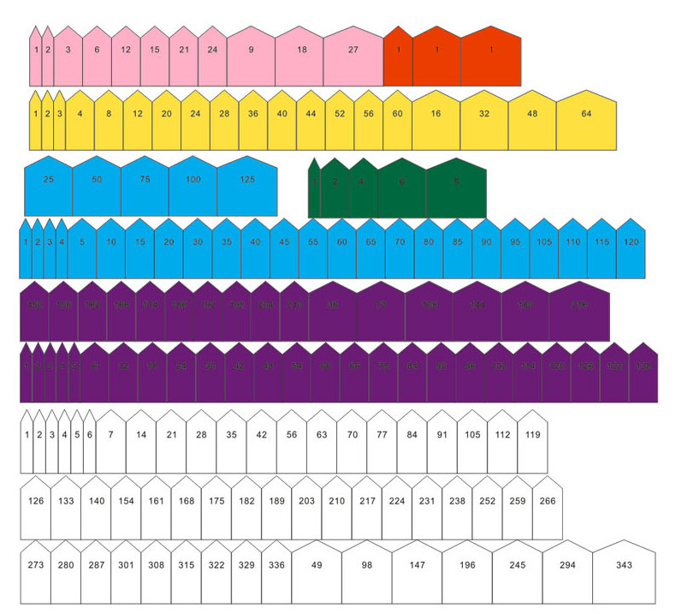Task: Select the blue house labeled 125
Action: (247, 184)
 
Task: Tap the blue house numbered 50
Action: (97, 184)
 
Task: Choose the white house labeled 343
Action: (624, 569)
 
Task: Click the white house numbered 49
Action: (317, 569)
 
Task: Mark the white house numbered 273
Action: (36, 569)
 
